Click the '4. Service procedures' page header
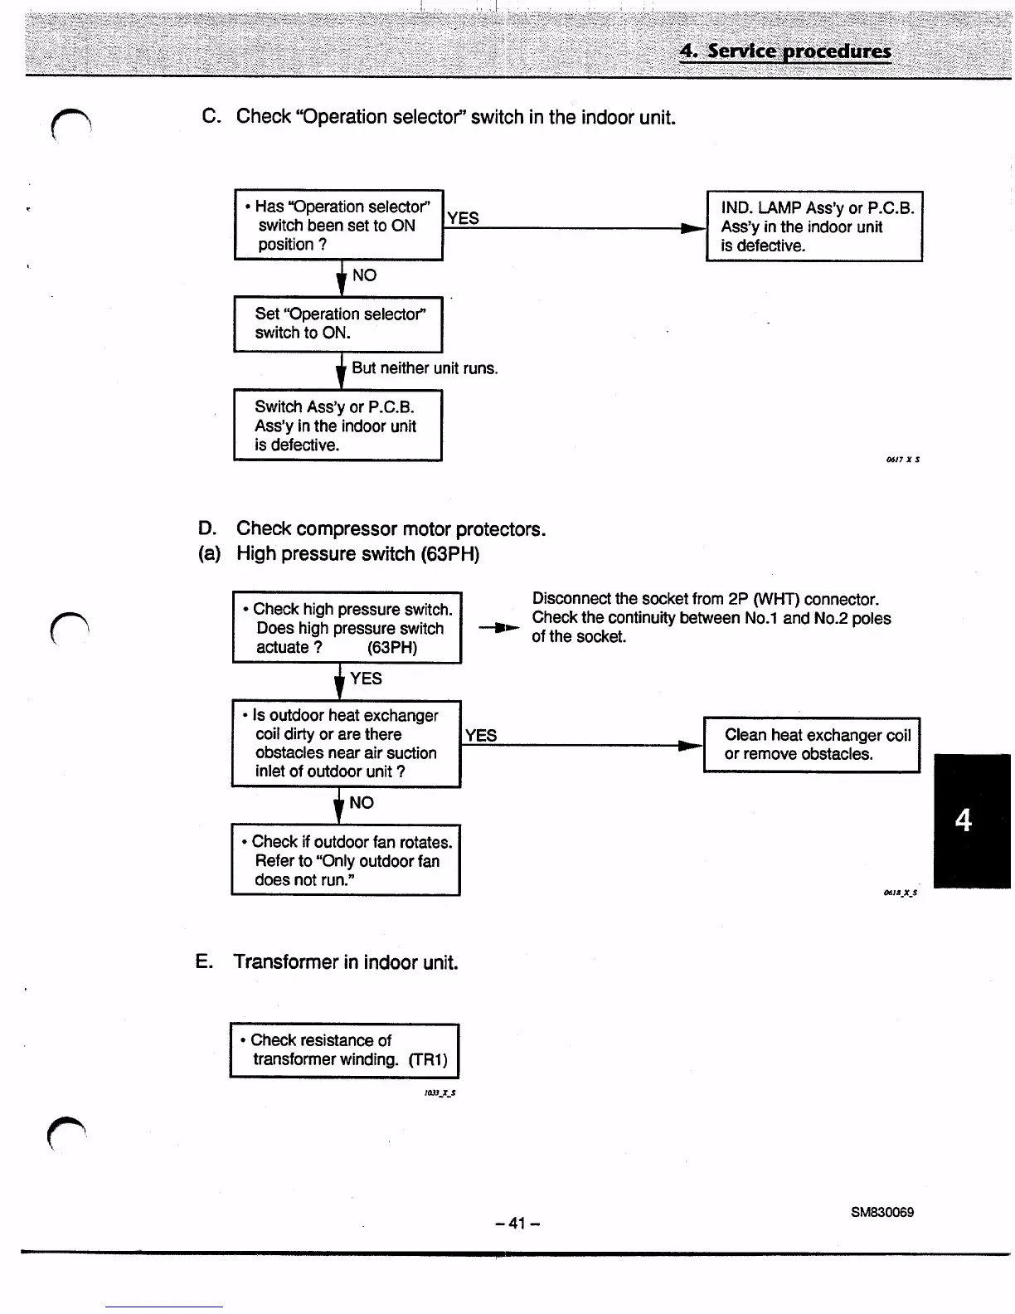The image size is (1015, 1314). click(784, 51)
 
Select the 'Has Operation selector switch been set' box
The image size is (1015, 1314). click(338, 225)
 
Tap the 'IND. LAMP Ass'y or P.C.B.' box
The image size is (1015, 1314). click(813, 226)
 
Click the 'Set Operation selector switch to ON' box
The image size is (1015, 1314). click(338, 324)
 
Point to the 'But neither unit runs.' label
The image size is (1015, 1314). click(425, 367)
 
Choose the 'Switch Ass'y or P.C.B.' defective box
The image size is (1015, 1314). click(338, 426)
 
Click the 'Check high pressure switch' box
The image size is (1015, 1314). click(347, 628)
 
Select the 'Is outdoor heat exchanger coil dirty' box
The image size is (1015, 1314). click(346, 743)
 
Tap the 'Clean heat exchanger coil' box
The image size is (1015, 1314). click(811, 744)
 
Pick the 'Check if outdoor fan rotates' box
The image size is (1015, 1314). click(345, 860)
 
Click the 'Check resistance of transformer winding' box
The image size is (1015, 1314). click(343, 1049)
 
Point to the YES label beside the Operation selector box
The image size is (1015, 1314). click(463, 218)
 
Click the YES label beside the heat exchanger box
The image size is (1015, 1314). click(481, 735)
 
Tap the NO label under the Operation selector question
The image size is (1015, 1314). click(364, 275)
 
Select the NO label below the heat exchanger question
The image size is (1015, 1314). click(362, 802)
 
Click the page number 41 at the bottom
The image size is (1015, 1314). click(517, 1223)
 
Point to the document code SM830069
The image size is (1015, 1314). click(881, 1212)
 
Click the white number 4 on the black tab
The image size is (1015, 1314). click(963, 820)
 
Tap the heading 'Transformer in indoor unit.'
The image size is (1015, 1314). click(345, 962)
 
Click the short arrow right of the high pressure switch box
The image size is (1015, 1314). click(499, 628)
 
